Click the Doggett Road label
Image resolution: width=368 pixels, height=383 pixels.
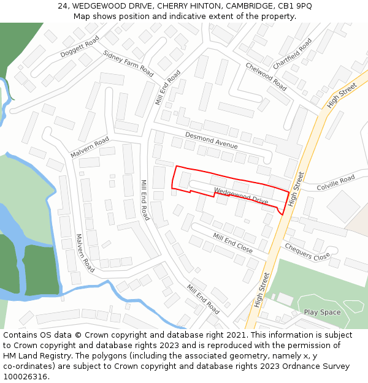[80, 47]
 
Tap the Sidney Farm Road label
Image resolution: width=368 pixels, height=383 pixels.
[128, 63]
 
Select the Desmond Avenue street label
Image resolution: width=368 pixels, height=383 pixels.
[211, 141]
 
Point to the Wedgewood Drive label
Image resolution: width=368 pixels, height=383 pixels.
[241, 196]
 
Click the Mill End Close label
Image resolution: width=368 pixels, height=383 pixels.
[232, 243]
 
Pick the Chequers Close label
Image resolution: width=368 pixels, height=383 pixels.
[307, 252]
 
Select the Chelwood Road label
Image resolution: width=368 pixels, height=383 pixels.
[266, 77]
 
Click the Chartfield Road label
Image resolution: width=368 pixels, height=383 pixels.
[292, 53]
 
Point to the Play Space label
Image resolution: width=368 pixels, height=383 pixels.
[322, 313]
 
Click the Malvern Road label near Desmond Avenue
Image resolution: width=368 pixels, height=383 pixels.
[90, 147]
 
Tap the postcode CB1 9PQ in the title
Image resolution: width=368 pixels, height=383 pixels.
[295, 6]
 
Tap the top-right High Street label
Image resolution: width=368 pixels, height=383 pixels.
[342, 96]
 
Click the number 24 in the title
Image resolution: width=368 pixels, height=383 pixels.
[62, 6]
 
